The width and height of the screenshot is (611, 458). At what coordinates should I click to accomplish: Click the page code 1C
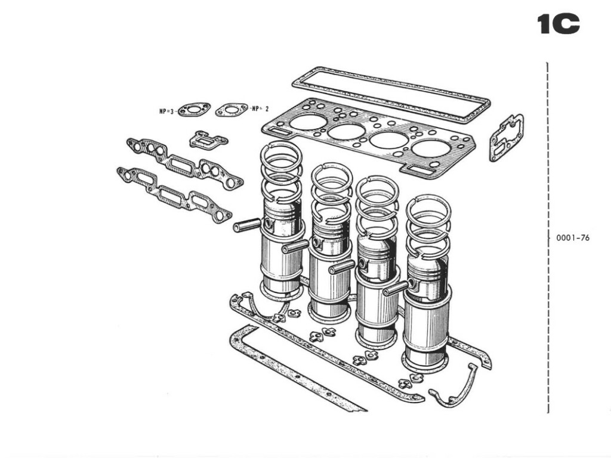pyautogui.click(x=558, y=25)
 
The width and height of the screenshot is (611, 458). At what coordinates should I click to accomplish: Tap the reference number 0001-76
pyautogui.click(x=572, y=238)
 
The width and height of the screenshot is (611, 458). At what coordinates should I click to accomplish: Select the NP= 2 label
pyautogui.click(x=260, y=109)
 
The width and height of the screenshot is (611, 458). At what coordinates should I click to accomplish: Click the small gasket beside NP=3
pyautogui.click(x=195, y=110)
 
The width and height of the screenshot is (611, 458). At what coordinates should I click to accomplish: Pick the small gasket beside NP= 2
pyautogui.click(x=232, y=109)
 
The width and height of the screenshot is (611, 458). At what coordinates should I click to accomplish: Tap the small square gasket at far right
pyautogui.click(x=507, y=138)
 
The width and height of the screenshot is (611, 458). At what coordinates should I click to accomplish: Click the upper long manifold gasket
pyautogui.click(x=185, y=163)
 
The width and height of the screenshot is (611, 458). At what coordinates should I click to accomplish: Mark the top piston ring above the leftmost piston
pyautogui.click(x=281, y=152)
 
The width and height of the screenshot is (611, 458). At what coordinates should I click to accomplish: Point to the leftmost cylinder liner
pyautogui.click(x=281, y=265)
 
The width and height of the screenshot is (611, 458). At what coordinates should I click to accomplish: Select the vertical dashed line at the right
pyautogui.click(x=548, y=239)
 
